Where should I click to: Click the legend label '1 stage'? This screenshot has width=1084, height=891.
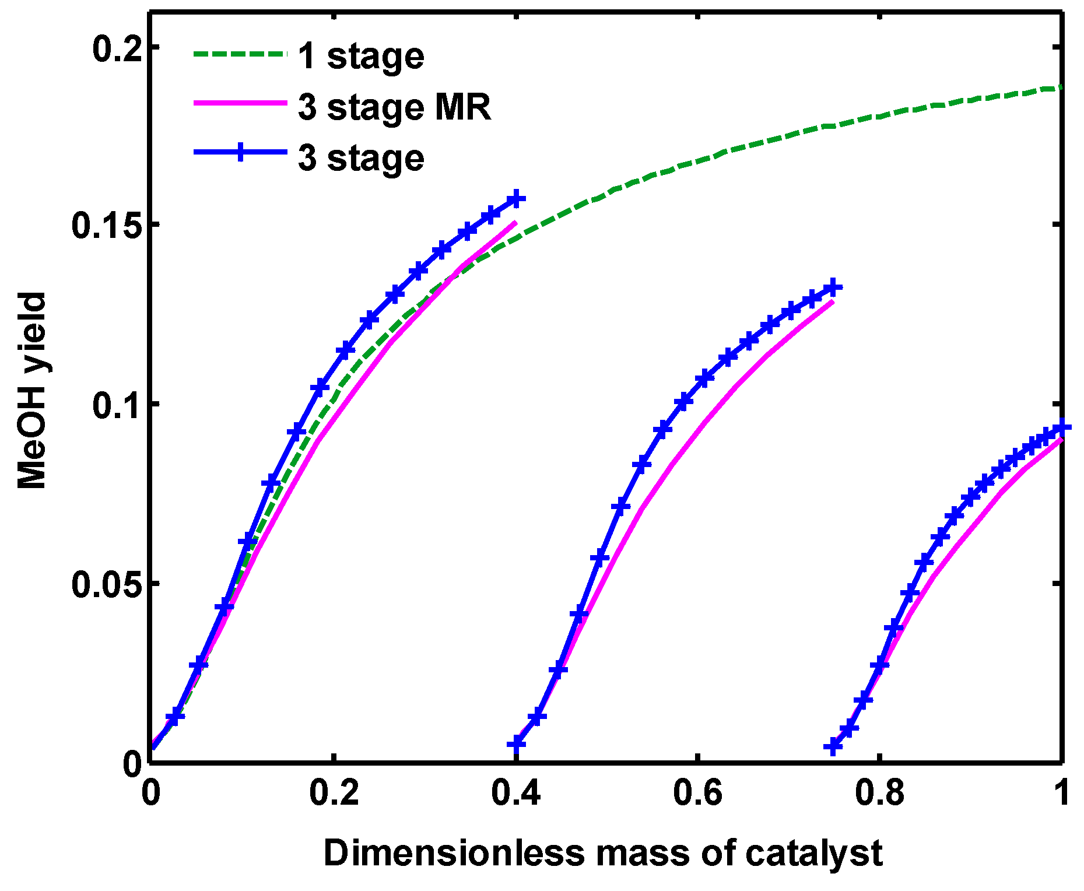pyautogui.click(x=360, y=57)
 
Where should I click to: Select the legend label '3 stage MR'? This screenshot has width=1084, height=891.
pyautogui.click(x=394, y=108)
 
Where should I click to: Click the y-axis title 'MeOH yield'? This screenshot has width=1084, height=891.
pyautogui.click(x=31, y=391)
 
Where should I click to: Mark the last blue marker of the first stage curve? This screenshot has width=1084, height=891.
pyautogui.click(x=515, y=199)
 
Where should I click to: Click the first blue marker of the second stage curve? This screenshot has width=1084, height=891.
pyautogui.click(x=516, y=743)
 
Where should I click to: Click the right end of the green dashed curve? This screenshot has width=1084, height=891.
pyautogui.click(x=1061, y=87)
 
